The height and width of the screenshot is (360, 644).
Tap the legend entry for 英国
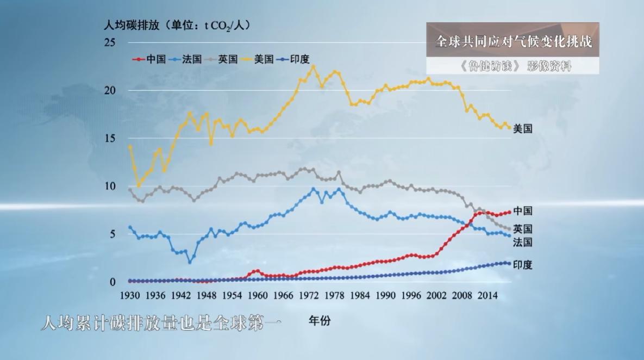(228, 59)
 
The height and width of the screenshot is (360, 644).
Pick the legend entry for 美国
(264, 59)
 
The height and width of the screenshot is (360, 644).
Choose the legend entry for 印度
(299, 59)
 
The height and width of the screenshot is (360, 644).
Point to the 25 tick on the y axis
(110, 42)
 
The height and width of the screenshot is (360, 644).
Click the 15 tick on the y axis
(110, 138)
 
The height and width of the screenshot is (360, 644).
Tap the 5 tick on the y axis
(112, 234)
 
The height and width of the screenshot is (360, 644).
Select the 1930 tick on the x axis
(129, 295)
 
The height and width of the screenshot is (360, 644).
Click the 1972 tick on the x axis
(309, 295)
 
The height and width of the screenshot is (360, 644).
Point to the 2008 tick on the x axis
(462, 295)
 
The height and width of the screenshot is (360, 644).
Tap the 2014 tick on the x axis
(488, 295)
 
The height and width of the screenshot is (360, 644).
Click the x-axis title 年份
(320, 321)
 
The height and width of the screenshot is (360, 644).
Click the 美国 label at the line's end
(523, 129)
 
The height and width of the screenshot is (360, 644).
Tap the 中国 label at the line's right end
(523, 211)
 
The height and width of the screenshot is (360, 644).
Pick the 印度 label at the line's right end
(523, 265)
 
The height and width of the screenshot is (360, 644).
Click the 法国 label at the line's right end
(523, 243)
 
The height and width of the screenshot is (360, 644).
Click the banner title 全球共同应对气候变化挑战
(514, 41)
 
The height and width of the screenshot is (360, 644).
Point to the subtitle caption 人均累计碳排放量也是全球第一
(162, 324)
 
